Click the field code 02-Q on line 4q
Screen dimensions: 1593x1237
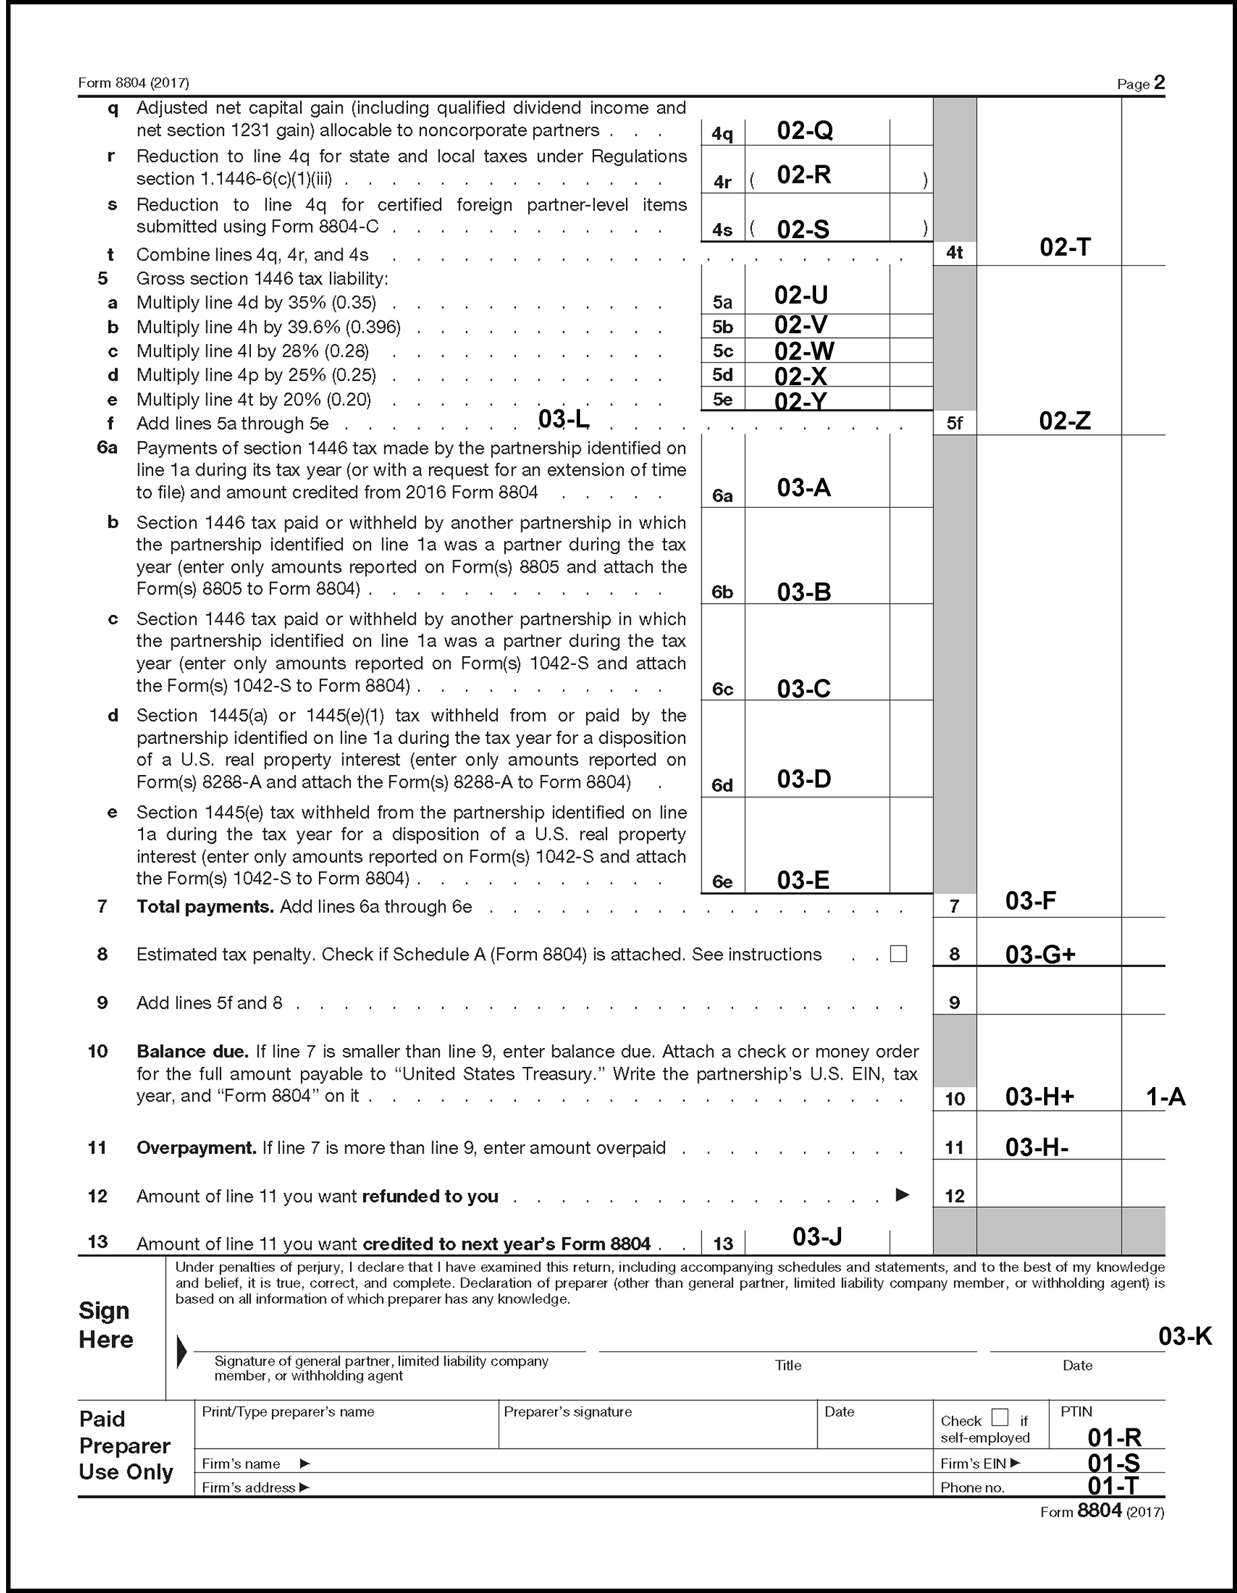805,131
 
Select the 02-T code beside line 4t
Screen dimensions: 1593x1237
1065,248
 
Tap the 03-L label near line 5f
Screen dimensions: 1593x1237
563,419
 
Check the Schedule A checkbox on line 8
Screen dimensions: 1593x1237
898,954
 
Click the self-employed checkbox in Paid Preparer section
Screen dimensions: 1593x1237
1000,1417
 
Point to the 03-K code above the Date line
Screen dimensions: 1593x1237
1184,1336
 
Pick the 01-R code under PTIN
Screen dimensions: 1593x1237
1114,1437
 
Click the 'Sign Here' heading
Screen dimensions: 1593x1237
106,1325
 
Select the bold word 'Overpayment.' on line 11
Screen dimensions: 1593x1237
196,1147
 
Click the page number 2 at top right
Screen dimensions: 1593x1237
1159,82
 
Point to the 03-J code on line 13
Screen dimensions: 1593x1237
817,1236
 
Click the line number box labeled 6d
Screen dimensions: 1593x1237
722,785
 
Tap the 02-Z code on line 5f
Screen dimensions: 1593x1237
1065,421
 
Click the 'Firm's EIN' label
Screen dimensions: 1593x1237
973,1463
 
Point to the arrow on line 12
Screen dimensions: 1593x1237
902,1195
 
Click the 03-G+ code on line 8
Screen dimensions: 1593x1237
1040,954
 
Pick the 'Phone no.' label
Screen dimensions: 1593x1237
972,1487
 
